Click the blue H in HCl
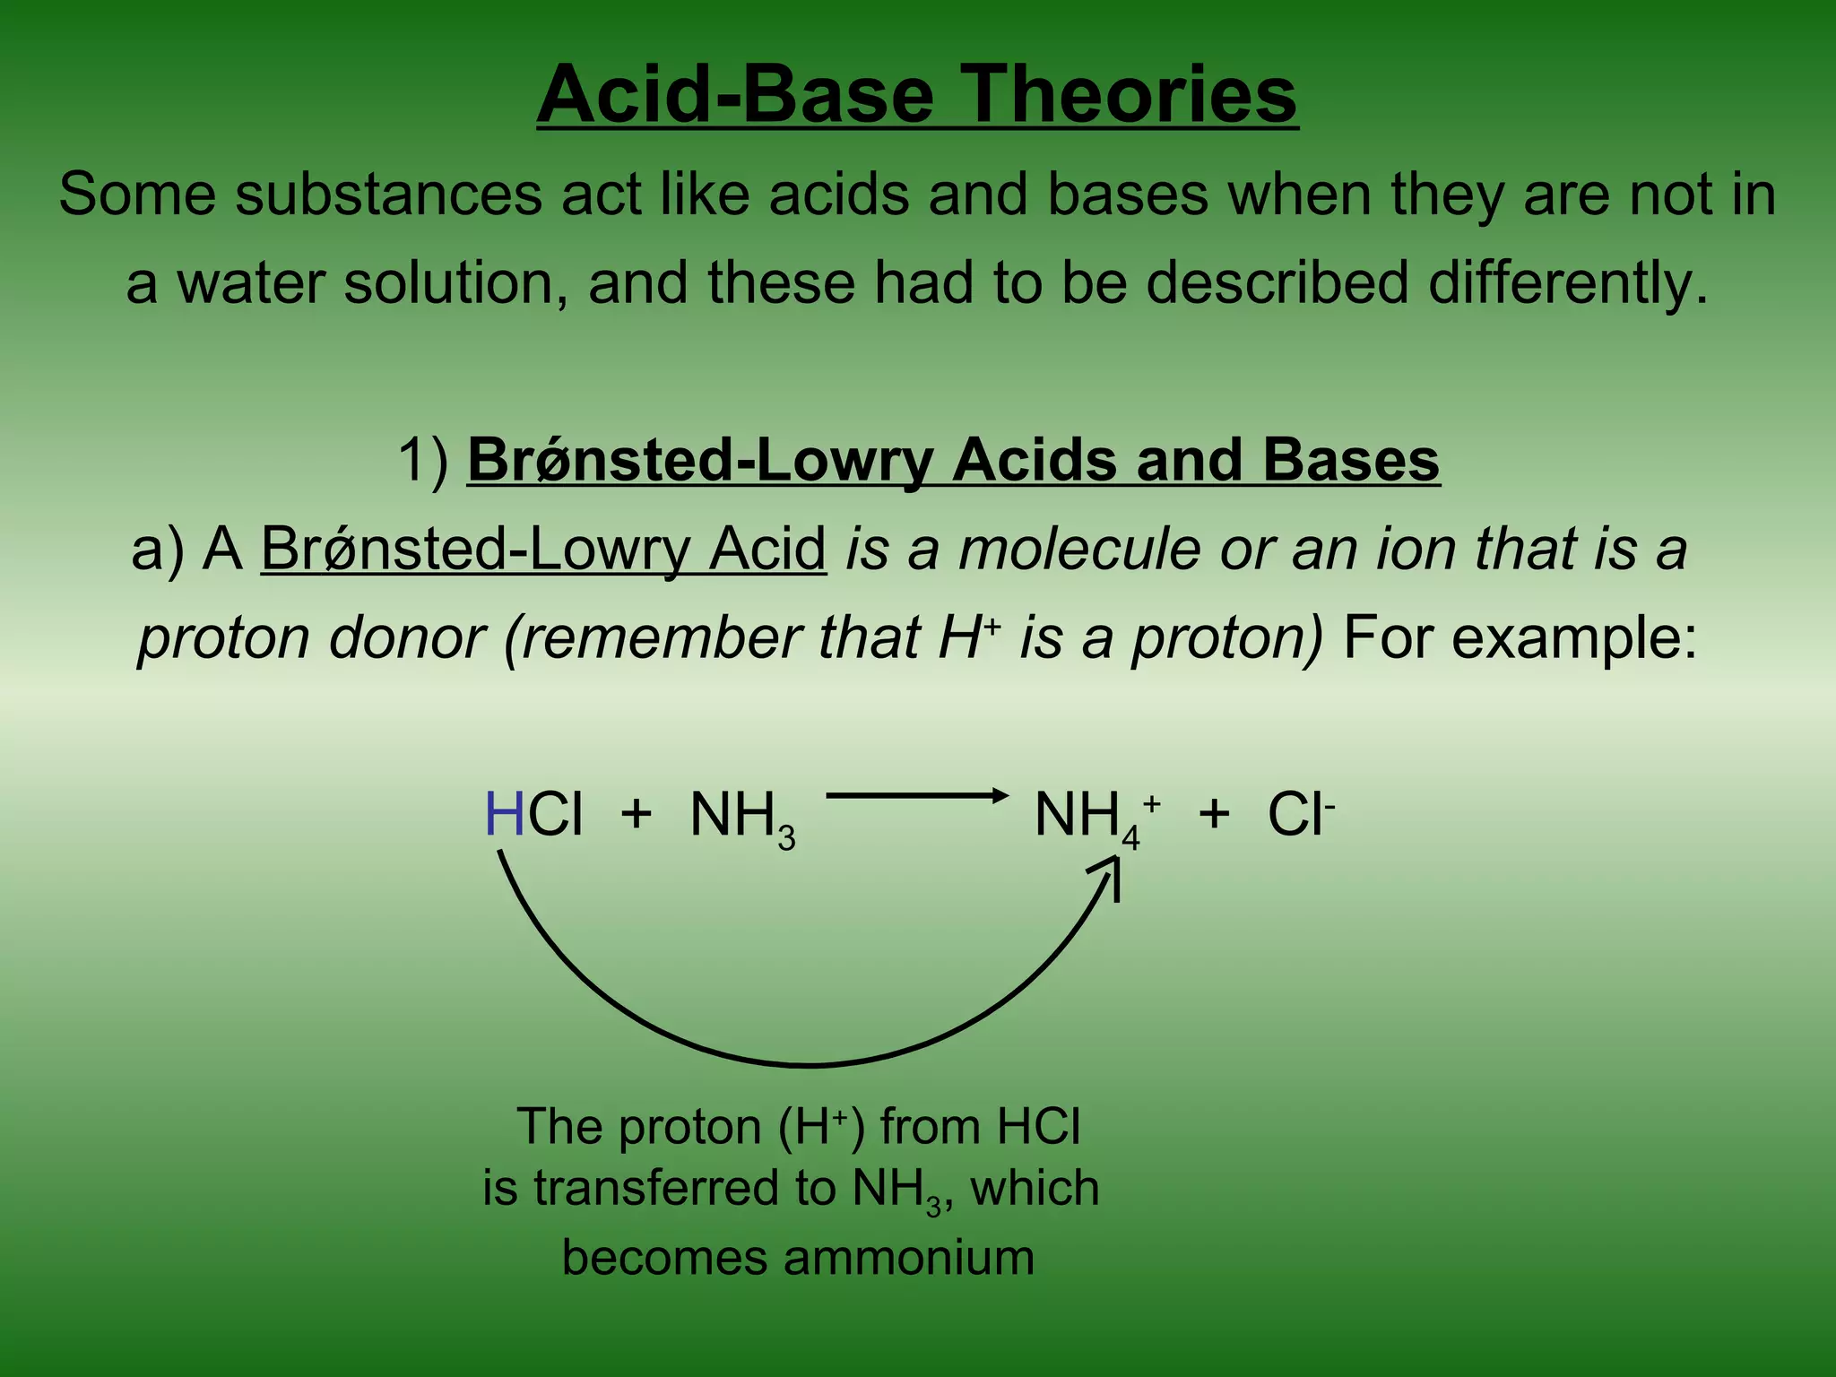(x=504, y=815)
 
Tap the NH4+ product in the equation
(x=1096, y=818)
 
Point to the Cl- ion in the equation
(x=1299, y=815)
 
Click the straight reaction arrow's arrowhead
(x=1000, y=795)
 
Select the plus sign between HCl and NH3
(x=636, y=815)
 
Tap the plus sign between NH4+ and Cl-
(x=1214, y=815)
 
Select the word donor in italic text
(x=406, y=638)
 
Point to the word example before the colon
(x=1564, y=638)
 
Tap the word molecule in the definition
(x=1078, y=549)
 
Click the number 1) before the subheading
(x=424, y=461)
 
